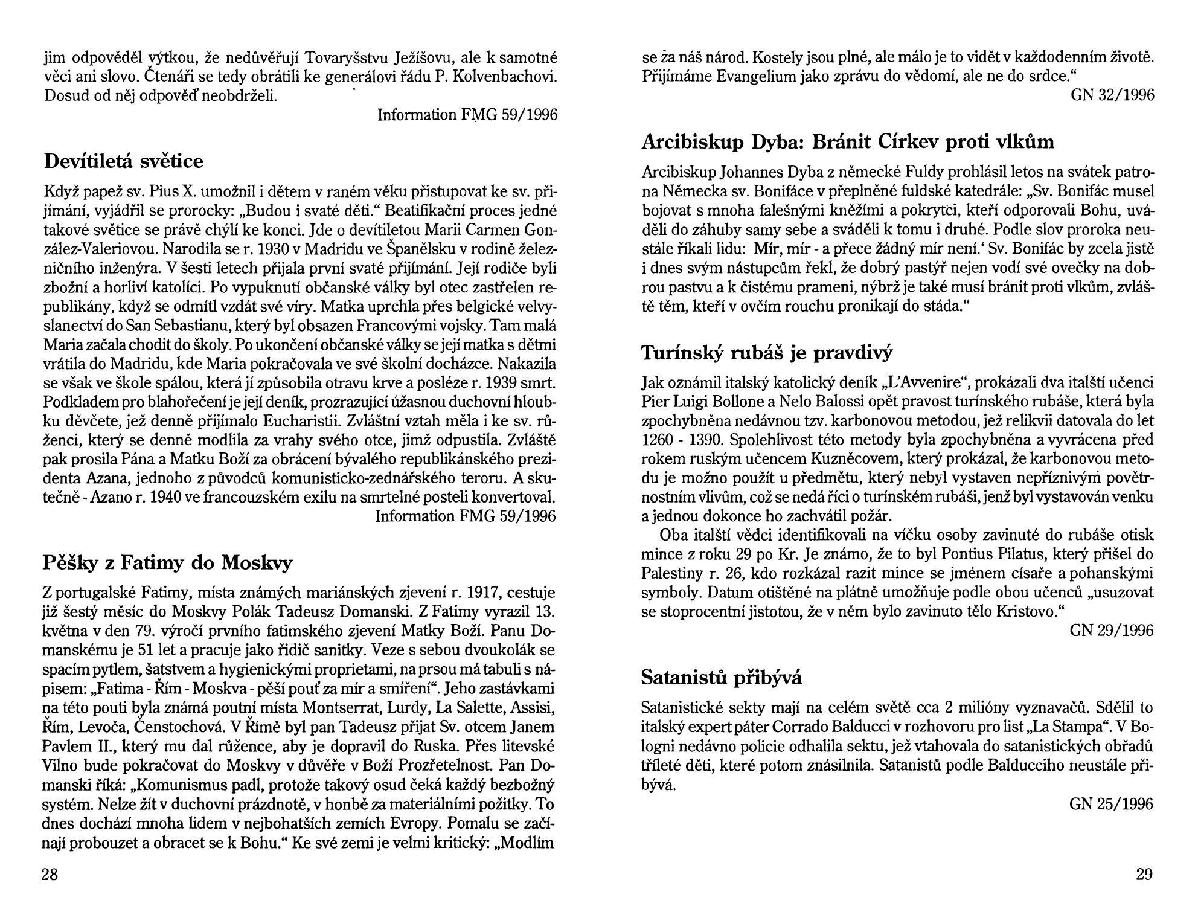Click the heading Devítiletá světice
[x=124, y=161]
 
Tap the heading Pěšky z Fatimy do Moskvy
[x=167, y=562]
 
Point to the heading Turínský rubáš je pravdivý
[x=766, y=352]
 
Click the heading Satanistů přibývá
[x=721, y=678]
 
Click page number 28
[x=50, y=874]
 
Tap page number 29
[x=1144, y=874]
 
